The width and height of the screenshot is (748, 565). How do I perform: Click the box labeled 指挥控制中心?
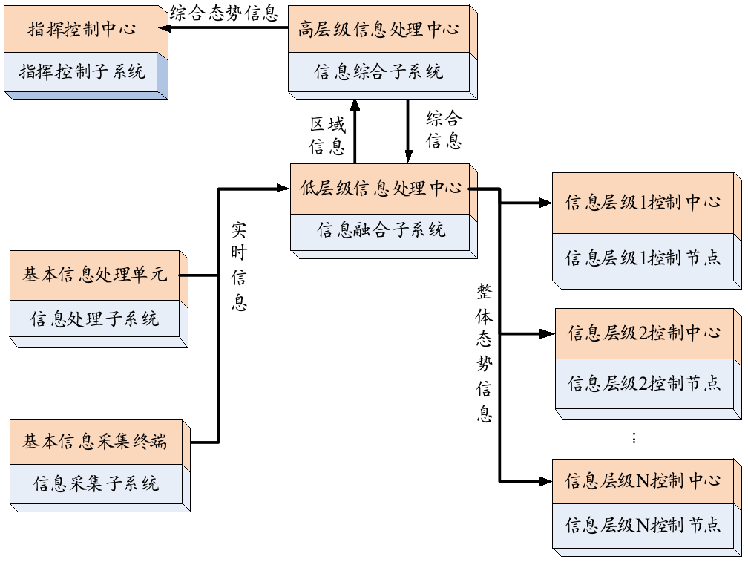point(82,30)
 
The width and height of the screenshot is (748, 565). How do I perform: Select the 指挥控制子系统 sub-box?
point(82,72)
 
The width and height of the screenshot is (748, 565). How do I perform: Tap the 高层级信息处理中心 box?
point(378,30)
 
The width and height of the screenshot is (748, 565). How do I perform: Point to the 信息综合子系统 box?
point(378,72)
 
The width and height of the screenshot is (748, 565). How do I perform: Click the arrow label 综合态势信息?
point(223,13)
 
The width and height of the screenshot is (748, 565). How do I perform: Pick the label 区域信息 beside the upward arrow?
point(327,136)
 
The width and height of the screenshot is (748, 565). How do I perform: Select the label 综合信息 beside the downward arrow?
point(444,129)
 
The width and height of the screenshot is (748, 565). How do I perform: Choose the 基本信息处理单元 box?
point(94,275)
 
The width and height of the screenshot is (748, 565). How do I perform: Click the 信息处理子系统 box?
point(94,320)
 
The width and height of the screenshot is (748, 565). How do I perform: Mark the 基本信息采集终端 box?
point(94,442)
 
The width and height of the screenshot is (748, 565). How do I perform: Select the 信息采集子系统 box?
point(96,484)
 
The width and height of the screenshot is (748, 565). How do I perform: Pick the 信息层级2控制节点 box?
point(644,383)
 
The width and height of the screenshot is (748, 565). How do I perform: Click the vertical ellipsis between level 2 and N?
point(634,438)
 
